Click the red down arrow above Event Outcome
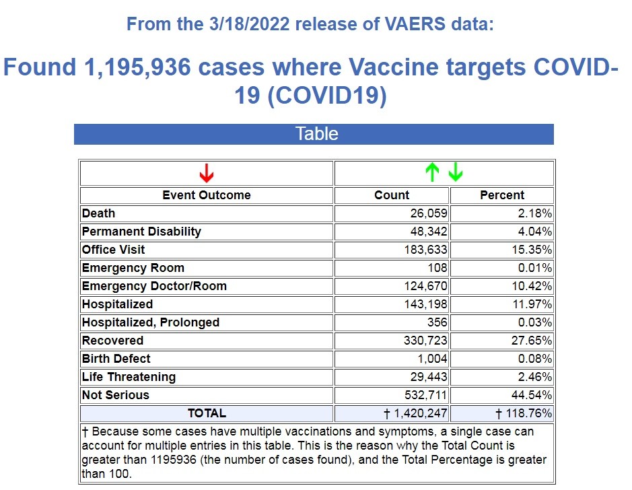click(x=207, y=174)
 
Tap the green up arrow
click(x=431, y=174)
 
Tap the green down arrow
click(x=456, y=174)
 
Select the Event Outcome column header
click(x=207, y=195)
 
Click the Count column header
click(x=392, y=195)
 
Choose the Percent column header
click(x=501, y=195)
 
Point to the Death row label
click(x=99, y=213)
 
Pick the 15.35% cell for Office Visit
click(x=534, y=250)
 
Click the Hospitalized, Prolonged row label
click(x=151, y=322)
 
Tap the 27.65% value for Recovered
click(x=534, y=341)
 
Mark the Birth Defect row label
click(x=116, y=359)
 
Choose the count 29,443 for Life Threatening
click(x=428, y=377)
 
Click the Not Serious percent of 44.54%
click(x=534, y=395)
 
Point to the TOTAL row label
click(x=207, y=413)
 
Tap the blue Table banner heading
click(x=316, y=134)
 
